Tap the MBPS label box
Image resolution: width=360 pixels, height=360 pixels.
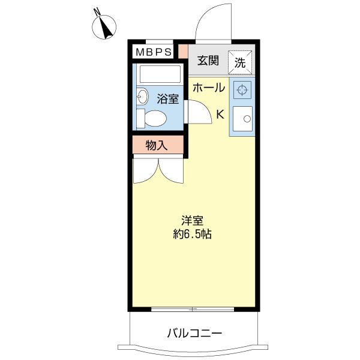coord(153,52)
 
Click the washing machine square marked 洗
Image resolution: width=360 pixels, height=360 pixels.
coord(240,61)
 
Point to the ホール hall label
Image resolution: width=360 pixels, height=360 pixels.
coord(208,88)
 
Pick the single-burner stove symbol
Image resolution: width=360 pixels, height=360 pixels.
coord(242,91)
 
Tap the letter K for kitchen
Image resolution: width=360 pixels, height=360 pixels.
coord(220,114)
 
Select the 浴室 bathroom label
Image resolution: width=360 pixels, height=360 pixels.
coord(168,99)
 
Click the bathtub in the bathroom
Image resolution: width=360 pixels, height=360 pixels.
coord(159,75)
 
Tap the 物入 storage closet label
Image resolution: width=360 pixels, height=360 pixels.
coord(157,145)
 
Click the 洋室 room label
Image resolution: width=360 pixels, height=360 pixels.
coord(192,220)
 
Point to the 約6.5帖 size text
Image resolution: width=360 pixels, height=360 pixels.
coord(192,234)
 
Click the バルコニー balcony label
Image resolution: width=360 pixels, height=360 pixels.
coord(194,332)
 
